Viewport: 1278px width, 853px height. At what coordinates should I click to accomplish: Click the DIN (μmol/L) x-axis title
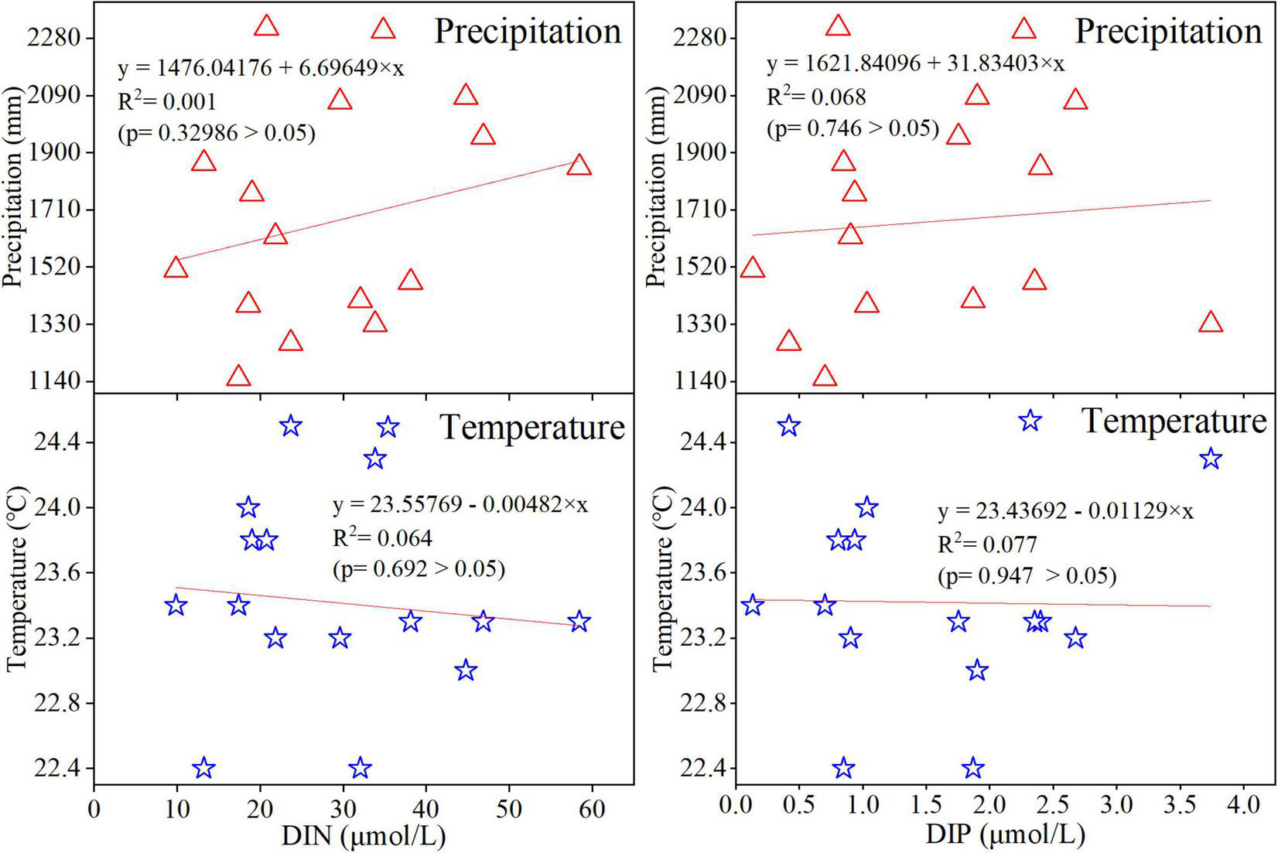363,835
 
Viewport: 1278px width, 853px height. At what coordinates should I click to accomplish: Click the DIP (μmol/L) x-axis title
1004,835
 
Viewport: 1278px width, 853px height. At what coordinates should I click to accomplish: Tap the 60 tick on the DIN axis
592,809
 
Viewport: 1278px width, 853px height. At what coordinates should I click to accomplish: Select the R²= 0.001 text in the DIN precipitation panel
166,101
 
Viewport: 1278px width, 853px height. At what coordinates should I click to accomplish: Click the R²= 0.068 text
815,97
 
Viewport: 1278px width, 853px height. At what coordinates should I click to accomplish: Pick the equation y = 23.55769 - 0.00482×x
460,505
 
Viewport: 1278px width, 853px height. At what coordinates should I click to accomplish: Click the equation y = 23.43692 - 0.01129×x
1065,511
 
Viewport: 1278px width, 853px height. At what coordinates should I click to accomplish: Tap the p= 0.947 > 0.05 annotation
1027,576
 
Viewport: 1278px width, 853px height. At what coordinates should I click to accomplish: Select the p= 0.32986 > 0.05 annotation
217,134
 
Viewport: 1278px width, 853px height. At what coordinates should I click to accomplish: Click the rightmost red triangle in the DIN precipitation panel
578,165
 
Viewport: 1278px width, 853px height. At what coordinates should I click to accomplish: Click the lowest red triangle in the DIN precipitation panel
238,377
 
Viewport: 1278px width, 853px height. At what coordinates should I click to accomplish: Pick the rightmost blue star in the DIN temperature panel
579,622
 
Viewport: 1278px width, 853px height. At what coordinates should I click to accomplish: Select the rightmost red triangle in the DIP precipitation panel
1211,322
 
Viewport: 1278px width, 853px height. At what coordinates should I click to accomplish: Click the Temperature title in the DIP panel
1174,421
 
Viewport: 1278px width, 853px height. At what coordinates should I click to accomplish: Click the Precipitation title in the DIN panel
528,32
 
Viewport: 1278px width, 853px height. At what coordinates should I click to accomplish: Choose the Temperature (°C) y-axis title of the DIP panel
662,580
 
